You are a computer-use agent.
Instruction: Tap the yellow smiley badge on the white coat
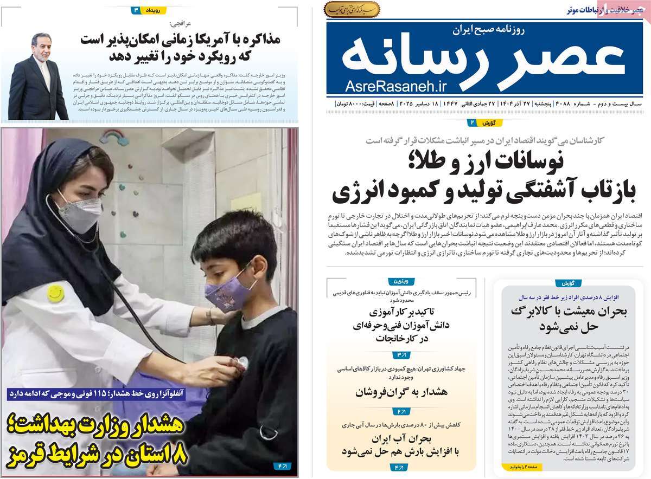(x=56, y=293)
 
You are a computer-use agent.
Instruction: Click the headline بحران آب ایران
(x=401, y=439)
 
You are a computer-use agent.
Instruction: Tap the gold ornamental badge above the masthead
(x=352, y=9)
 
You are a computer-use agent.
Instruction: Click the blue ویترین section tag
(x=401, y=282)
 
